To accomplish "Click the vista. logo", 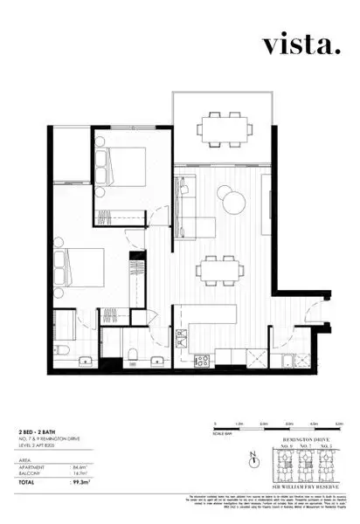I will pyautogui.click(x=296, y=45).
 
